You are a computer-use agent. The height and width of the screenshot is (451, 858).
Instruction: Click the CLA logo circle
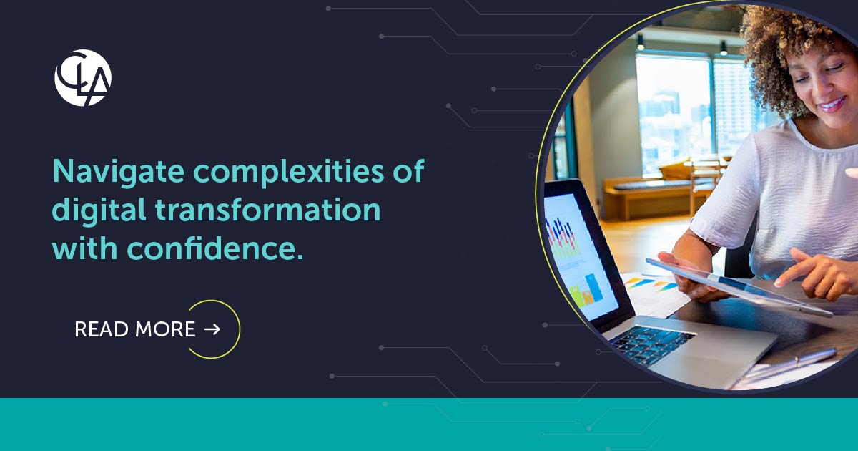[83, 78]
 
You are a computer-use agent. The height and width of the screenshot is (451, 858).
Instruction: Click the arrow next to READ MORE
[212, 329]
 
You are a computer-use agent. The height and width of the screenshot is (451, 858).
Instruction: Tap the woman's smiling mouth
[831, 105]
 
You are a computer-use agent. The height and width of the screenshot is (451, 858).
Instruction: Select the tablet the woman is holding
[736, 285]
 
